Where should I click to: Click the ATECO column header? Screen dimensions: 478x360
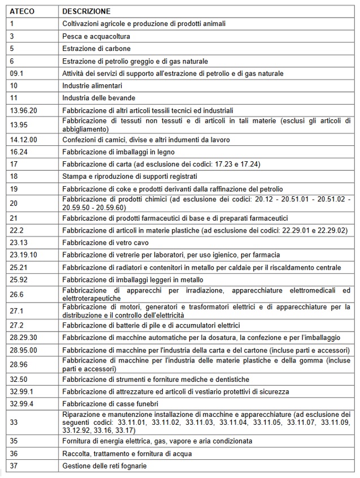point(22,11)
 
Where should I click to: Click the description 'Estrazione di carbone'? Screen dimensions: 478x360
point(96,49)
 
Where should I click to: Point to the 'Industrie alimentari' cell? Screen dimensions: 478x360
point(92,86)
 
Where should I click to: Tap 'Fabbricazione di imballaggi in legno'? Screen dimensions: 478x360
point(118,152)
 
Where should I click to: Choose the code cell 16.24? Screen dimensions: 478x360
point(18,152)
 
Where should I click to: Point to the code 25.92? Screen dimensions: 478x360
point(18,279)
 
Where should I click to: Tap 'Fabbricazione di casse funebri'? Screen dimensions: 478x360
point(110,403)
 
